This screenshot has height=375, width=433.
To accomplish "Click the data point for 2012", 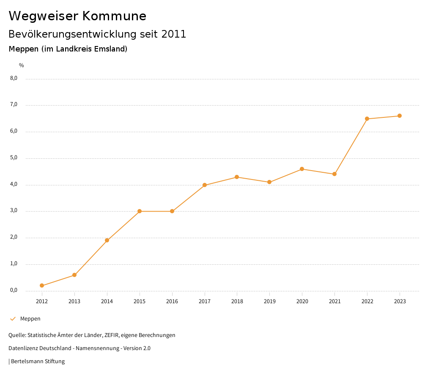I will click(42, 285).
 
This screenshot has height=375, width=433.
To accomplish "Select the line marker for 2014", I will click(107, 240).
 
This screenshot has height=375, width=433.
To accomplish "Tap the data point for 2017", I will click(205, 185).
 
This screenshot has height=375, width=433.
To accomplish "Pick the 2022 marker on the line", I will click(367, 119).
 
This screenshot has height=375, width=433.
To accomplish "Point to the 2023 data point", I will click(400, 116).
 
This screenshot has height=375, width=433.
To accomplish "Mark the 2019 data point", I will click(269, 182).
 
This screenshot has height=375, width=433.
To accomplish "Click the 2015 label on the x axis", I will click(140, 302).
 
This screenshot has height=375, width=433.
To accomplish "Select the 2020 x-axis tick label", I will click(302, 302).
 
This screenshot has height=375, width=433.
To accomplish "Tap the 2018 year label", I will click(237, 302).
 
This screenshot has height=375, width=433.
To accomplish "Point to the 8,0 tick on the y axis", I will click(14, 78).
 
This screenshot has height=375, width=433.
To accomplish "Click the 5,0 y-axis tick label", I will click(14, 158).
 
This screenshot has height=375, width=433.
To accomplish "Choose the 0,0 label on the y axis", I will click(14, 290).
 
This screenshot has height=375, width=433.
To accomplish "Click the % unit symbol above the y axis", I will click(22, 65).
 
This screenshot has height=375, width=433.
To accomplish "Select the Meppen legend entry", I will click(30, 319).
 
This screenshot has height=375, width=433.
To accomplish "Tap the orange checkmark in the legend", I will click(13, 319).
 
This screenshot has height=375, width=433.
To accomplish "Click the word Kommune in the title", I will click(114, 16).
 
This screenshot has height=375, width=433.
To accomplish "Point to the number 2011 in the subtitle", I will click(174, 34).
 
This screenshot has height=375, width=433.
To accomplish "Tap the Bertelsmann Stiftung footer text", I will click(38, 361).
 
